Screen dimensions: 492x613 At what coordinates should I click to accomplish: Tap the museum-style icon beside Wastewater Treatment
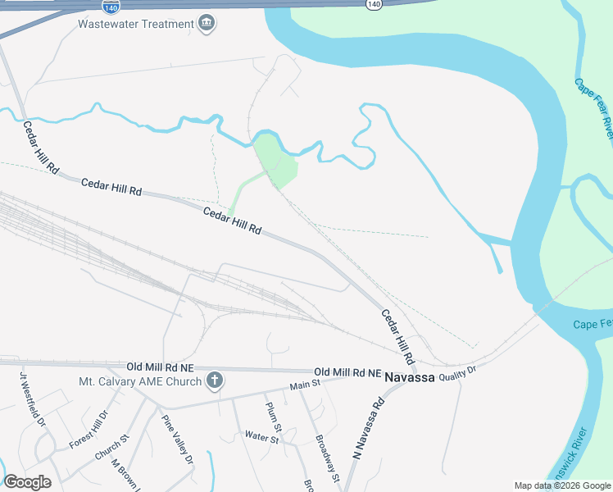click(207, 22)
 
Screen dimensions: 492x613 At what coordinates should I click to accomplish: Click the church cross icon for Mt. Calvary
click(214, 380)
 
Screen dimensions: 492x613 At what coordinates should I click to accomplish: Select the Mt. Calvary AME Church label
click(140, 381)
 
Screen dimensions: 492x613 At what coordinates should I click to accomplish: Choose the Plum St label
click(274, 417)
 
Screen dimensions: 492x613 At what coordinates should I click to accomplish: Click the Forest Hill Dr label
click(89, 430)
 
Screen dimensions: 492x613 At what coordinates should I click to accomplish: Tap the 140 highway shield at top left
click(110, 7)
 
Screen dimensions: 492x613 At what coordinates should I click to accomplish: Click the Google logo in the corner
click(27, 482)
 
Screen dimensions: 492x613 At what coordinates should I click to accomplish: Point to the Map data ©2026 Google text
click(562, 485)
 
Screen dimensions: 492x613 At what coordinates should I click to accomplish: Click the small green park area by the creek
click(275, 158)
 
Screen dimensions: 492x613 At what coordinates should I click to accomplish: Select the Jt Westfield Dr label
click(34, 398)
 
